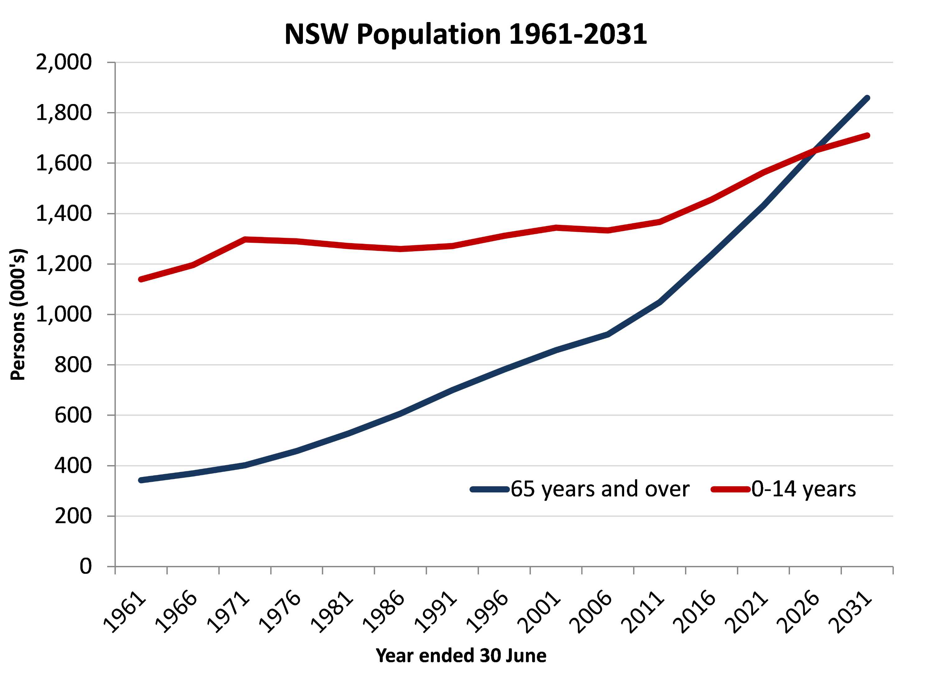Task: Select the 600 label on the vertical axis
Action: (73, 415)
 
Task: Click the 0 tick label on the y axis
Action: (85, 567)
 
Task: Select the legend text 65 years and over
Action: (600, 489)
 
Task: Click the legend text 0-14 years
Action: (803, 489)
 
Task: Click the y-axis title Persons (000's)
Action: (18, 315)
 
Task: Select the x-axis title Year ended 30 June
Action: (461, 655)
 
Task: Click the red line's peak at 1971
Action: (245, 239)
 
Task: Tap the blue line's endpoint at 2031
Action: (867, 98)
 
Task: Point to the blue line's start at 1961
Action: (141, 480)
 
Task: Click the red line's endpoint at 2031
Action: (867, 135)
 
